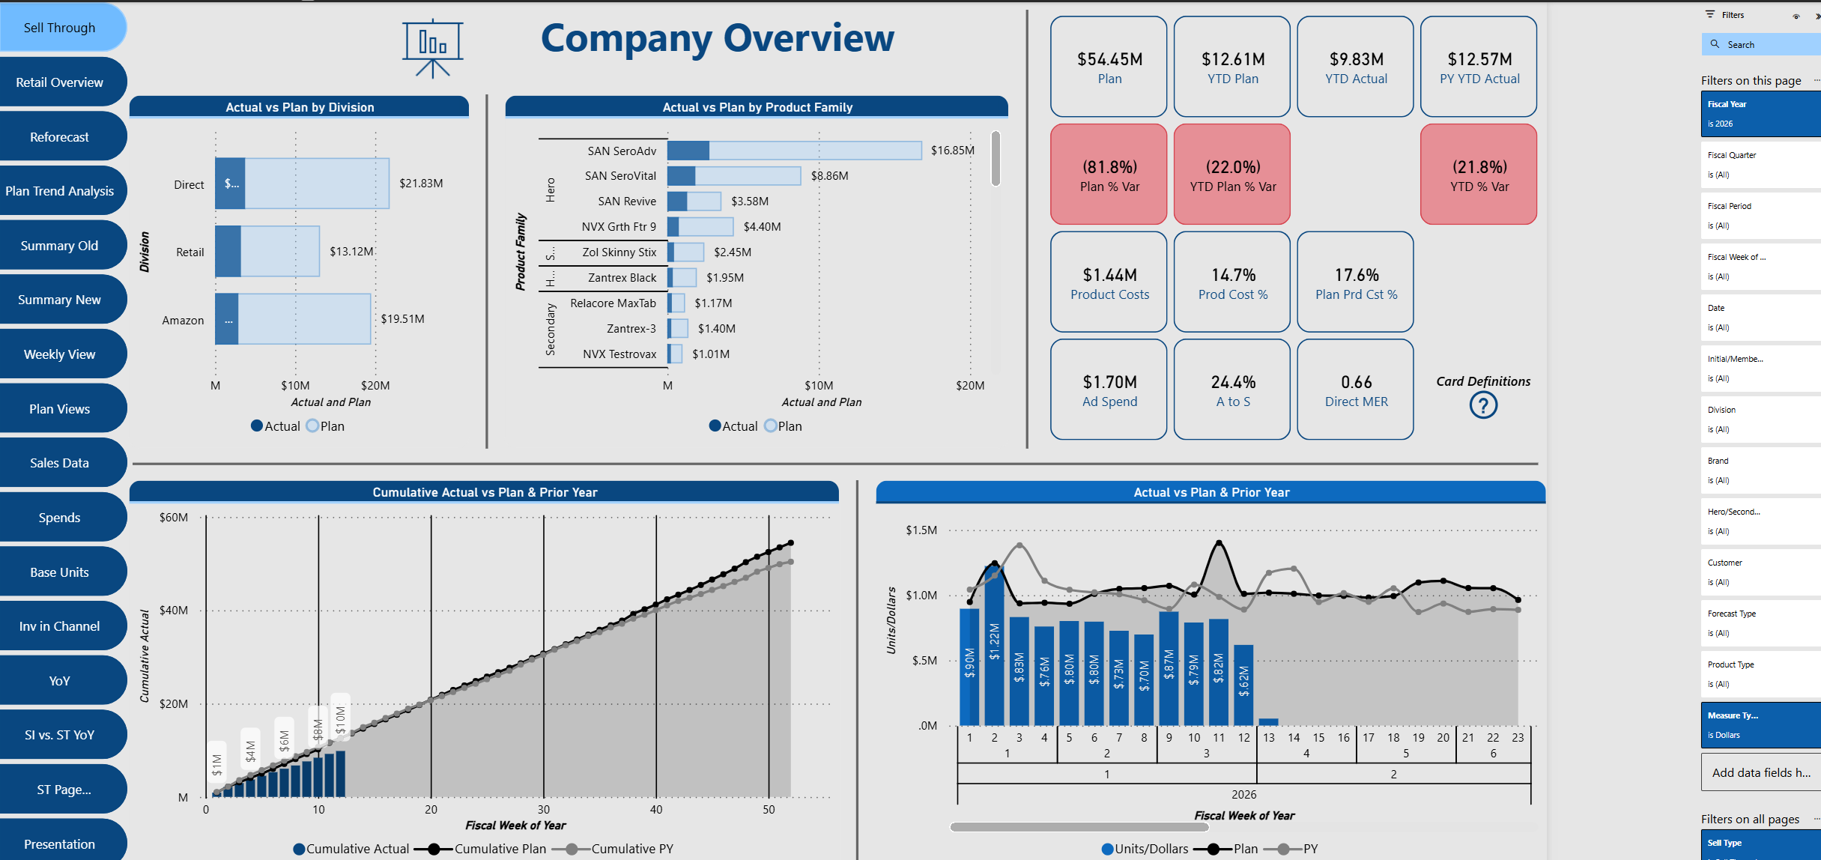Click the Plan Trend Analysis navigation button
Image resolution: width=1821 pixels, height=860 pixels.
point(60,191)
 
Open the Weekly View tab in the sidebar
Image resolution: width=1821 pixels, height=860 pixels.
point(60,354)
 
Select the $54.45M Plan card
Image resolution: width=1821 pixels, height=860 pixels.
point(1109,67)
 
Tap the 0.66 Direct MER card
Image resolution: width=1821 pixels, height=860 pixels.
point(1355,390)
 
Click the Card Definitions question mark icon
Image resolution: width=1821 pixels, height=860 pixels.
point(1482,405)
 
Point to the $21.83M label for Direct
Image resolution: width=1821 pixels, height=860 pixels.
point(421,184)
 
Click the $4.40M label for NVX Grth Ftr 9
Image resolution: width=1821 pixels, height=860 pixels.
point(762,227)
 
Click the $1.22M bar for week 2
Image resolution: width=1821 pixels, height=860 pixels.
point(994,644)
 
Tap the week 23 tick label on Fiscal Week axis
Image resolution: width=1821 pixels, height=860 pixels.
point(1518,738)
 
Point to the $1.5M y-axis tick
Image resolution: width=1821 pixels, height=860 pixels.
point(921,530)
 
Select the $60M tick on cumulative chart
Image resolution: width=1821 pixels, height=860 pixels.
point(174,518)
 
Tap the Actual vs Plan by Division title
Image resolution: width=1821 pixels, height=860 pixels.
point(300,107)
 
